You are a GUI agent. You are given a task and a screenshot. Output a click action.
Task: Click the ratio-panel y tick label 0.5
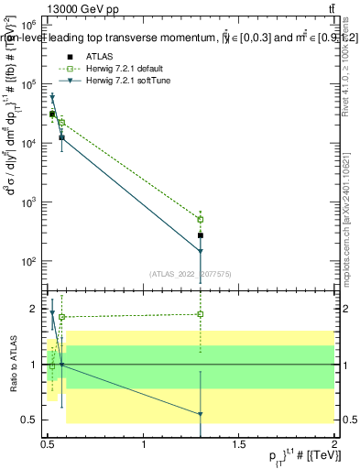(29, 420)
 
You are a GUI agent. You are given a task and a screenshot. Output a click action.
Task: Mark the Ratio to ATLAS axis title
(13, 364)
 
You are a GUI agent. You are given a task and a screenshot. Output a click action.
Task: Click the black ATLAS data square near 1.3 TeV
(200, 235)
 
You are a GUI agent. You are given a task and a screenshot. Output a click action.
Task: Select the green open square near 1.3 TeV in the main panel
(200, 220)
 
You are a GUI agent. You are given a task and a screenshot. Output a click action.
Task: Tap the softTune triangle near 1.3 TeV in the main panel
(200, 251)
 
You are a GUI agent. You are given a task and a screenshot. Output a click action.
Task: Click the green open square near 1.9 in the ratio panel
(200, 314)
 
